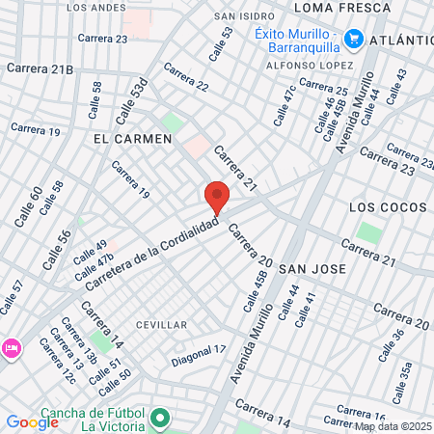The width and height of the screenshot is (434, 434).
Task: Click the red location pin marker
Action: pyautogui.click(x=217, y=197)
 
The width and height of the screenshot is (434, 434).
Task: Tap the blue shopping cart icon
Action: pyautogui.click(x=354, y=39)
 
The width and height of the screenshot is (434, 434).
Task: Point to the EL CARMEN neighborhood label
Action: pyautogui.click(x=132, y=139)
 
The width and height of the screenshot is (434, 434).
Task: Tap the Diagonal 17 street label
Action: pyautogui.click(x=198, y=355)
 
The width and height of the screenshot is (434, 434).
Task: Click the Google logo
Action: pyautogui.click(x=32, y=421)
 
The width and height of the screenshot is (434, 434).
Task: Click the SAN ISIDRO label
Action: pyautogui.click(x=240, y=16)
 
